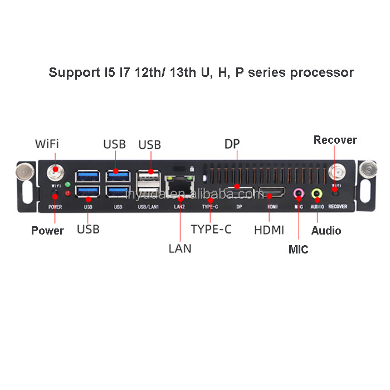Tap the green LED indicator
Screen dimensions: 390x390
tap(67, 184)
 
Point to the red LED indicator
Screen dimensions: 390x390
tap(67, 193)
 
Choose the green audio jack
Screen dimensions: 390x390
tap(316, 193)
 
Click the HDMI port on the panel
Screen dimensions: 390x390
tap(271, 194)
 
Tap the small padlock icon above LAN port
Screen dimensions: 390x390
tap(192, 168)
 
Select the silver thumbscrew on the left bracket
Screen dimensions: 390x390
tap(26, 172)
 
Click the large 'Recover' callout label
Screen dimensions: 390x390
tap(335, 140)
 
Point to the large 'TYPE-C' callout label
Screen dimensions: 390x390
tap(211, 229)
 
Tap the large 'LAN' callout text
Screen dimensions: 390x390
tap(179, 248)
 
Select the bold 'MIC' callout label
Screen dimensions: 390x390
tap(298, 250)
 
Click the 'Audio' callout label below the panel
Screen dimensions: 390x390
tap(326, 231)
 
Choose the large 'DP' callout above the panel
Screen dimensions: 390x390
tap(232, 144)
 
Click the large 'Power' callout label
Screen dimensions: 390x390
tap(47, 231)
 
